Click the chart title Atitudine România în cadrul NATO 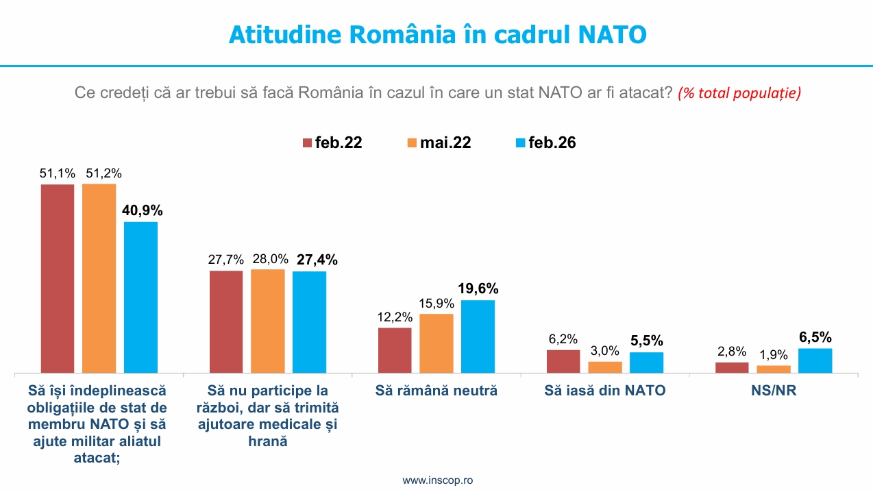[x=437, y=34]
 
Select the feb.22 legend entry [x=332, y=143]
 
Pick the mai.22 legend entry [x=439, y=143]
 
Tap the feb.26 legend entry [x=545, y=143]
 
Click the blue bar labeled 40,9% [x=140, y=297]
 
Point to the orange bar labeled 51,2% [x=99, y=278]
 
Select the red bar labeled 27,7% [x=225, y=321]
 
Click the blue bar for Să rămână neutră [x=478, y=336]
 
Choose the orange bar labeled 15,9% [x=436, y=343]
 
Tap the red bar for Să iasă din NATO [x=563, y=361]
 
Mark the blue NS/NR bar [x=815, y=360]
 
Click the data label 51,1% [x=57, y=173]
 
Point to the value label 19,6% [x=478, y=288]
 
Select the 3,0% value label [x=605, y=351]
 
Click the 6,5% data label [x=815, y=337]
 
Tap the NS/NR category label [x=773, y=391]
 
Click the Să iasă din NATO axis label [x=605, y=391]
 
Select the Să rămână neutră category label [x=436, y=391]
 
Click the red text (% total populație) [x=739, y=93]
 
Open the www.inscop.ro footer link [x=437, y=480]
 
